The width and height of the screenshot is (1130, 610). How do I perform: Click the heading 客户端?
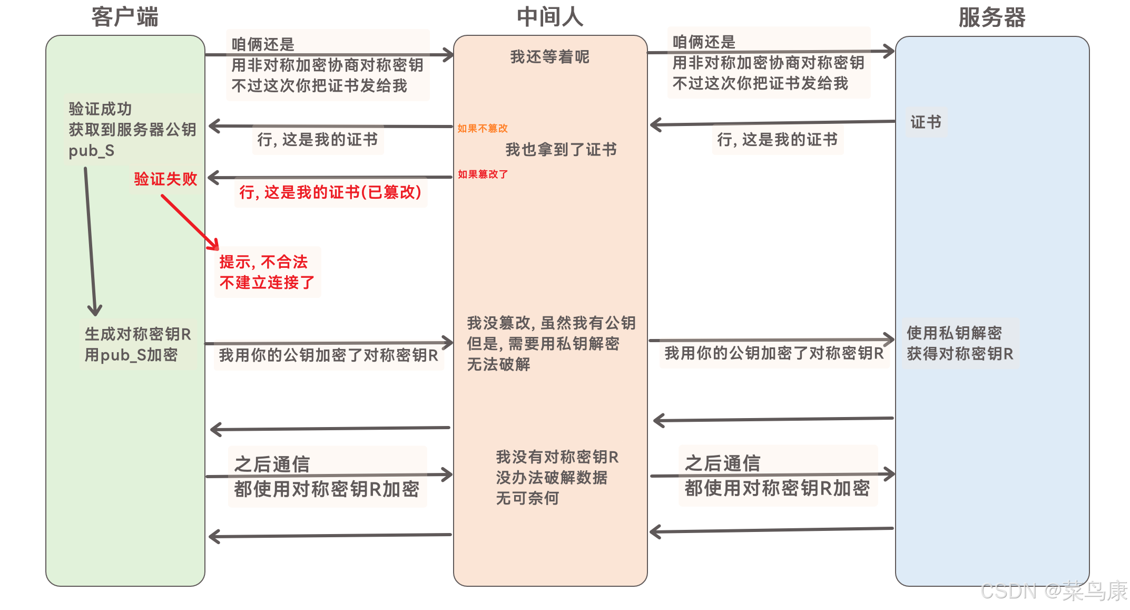point(125,17)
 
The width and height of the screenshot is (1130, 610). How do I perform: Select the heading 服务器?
point(991,17)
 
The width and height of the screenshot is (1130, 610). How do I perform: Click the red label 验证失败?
point(165,179)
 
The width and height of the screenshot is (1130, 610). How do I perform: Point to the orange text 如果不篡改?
point(482,129)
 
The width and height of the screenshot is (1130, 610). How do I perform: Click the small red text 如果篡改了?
point(483,175)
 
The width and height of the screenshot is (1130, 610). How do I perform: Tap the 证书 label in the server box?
point(926,122)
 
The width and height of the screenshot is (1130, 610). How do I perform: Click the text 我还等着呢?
point(549,57)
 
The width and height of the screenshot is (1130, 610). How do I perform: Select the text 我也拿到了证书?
point(561,150)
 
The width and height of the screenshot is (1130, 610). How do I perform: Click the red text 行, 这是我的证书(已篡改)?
point(330,192)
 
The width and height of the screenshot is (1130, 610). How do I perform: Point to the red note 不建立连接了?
point(267,283)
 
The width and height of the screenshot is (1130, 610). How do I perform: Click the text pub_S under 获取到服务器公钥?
point(91,151)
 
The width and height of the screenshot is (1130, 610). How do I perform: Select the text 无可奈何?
point(527,498)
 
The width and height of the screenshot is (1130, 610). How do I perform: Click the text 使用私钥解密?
point(954,333)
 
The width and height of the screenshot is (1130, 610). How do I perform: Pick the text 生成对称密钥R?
point(138,334)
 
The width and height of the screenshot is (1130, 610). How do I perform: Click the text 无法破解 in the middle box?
point(498,364)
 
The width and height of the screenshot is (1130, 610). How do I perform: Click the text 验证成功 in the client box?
point(100,109)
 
